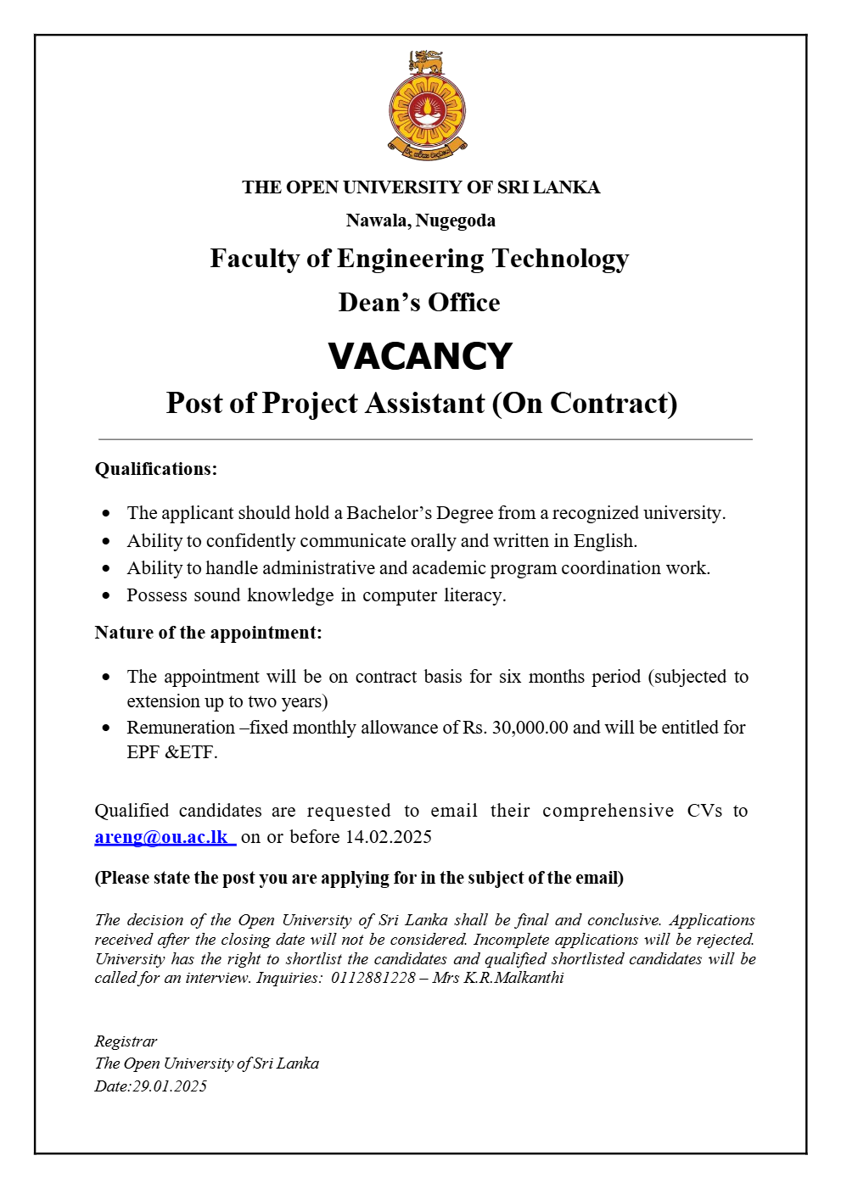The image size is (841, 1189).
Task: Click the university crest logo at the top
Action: click(x=427, y=105)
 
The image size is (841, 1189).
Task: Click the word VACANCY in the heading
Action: click(x=420, y=356)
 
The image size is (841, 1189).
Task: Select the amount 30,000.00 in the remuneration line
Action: click(x=530, y=728)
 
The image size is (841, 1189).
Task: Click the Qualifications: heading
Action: click(x=156, y=469)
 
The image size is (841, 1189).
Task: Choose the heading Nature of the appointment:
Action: click(x=208, y=633)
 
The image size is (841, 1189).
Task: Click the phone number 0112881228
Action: click(x=373, y=978)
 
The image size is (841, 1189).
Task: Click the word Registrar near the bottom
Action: click(x=126, y=1041)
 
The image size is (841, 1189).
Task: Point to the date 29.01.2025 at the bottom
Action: click(x=170, y=1086)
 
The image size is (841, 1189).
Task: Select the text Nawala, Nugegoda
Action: click(x=420, y=220)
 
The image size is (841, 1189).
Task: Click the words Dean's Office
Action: click(x=419, y=303)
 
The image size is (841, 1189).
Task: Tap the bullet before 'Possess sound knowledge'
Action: click(x=106, y=595)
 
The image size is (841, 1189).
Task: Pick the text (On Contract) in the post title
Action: click(x=585, y=403)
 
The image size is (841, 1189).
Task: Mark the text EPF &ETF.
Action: click(x=172, y=752)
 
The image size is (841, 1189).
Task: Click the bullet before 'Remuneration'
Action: click(x=106, y=728)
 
